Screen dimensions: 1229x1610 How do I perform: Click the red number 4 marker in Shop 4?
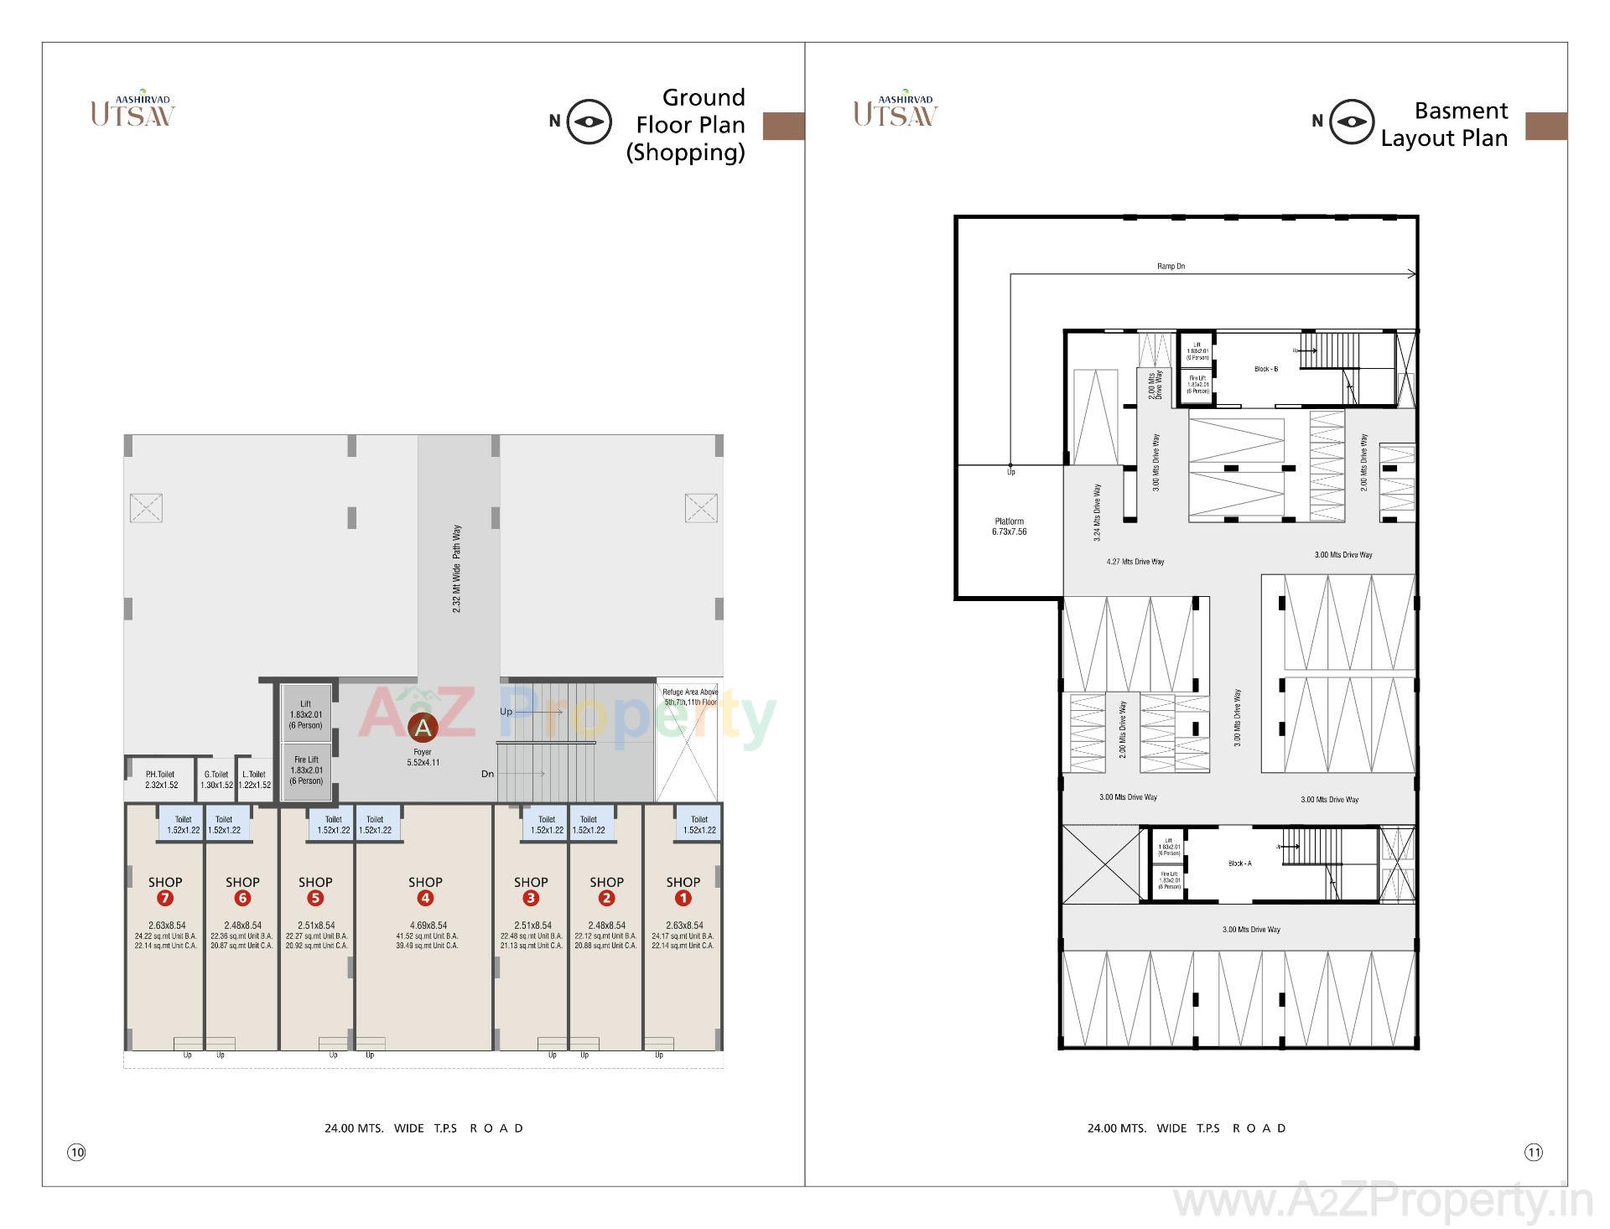pyautogui.click(x=425, y=899)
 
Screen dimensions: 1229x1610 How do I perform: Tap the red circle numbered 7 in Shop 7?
pyautogui.click(x=164, y=899)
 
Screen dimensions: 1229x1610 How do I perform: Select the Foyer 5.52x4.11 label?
pyautogui.click(x=423, y=758)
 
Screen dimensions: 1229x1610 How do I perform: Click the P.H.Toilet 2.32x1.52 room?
pyautogui.click(x=161, y=780)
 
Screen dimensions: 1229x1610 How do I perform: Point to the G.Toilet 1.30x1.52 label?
pyautogui.click(x=216, y=780)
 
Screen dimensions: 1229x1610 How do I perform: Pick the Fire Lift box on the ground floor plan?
pyautogui.click(x=306, y=770)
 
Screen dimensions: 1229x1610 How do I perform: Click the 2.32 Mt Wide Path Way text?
pyautogui.click(x=457, y=569)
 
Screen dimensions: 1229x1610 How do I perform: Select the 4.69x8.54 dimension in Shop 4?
pyautogui.click(x=426, y=926)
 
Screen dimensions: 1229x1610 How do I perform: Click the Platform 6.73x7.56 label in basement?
pyautogui.click(x=1009, y=526)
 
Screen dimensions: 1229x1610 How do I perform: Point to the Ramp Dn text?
pyautogui.click(x=1171, y=267)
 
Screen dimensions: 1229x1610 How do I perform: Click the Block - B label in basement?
pyautogui.click(x=1265, y=369)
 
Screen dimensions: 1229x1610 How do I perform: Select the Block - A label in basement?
pyautogui.click(x=1239, y=863)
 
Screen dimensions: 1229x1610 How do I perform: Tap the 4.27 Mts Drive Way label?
pyautogui.click(x=1135, y=562)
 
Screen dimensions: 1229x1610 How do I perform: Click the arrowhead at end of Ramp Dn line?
pyautogui.click(x=1413, y=274)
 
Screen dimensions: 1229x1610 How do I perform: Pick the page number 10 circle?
pyautogui.click(x=76, y=1153)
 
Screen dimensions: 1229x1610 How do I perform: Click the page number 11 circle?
pyautogui.click(x=1533, y=1153)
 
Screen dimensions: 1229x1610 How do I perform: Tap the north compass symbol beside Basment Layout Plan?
pyautogui.click(x=1351, y=122)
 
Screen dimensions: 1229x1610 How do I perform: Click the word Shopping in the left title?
pyautogui.click(x=685, y=153)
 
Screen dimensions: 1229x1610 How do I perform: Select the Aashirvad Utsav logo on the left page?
pyautogui.click(x=132, y=109)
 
